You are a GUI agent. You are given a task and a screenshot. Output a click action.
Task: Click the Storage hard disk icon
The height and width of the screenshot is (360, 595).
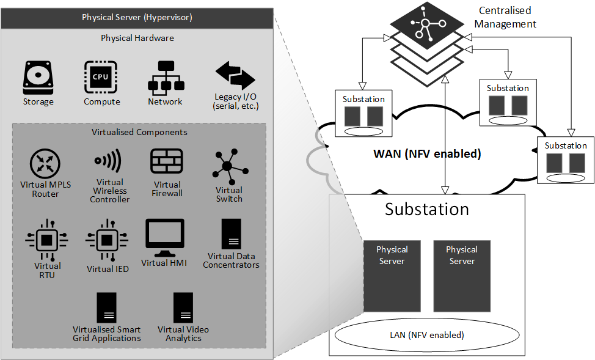point(38,77)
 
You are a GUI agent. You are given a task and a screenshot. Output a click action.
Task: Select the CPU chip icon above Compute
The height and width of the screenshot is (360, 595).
point(101,77)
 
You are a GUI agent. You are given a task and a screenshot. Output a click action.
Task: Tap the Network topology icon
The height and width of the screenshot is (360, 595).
point(165,77)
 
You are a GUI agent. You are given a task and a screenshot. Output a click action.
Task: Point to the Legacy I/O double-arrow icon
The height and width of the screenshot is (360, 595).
point(235,76)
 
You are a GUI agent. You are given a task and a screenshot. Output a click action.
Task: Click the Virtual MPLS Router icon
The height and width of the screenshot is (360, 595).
point(45,164)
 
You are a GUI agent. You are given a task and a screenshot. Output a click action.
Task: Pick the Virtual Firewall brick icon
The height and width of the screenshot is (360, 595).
point(167,161)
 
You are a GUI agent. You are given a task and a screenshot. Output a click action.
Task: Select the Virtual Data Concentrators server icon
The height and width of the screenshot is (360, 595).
point(231,234)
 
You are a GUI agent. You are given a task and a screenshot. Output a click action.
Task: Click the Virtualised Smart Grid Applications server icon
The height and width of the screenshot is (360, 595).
point(106,308)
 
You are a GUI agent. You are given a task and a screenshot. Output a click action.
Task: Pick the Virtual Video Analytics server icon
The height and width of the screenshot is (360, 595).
point(183,308)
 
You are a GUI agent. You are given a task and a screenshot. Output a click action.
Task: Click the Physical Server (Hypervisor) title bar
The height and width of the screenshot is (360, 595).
point(137,17)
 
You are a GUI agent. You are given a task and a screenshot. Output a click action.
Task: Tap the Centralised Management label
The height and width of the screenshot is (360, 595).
point(505,17)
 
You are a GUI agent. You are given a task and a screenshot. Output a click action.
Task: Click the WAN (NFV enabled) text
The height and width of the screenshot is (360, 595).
point(427,154)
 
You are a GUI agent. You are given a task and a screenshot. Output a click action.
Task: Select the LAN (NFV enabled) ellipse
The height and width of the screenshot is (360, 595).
point(427,335)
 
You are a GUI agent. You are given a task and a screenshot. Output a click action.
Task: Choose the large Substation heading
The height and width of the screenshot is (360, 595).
point(427,209)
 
